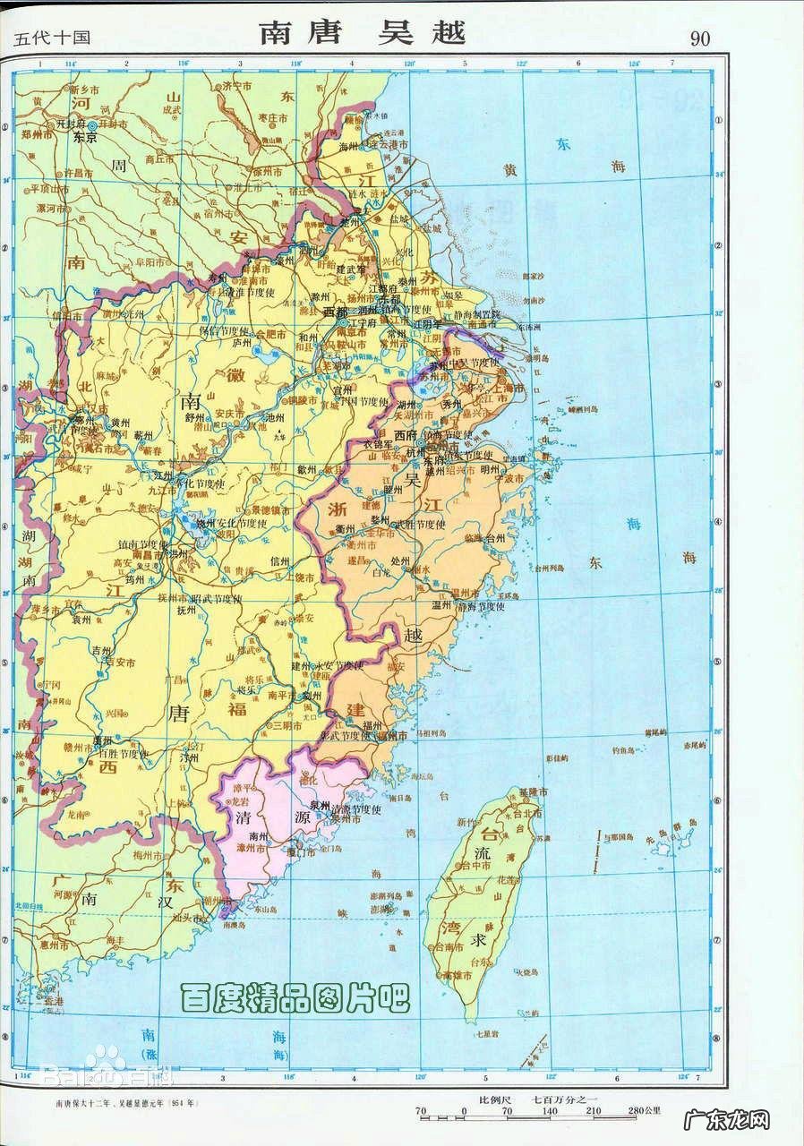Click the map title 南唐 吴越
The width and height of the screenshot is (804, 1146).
pos(363,33)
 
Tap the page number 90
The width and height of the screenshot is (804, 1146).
pos(700,38)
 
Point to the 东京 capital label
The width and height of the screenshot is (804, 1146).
pos(85,140)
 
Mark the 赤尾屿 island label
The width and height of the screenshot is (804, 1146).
pos(695,744)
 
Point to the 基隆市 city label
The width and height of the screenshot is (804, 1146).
pos(531,792)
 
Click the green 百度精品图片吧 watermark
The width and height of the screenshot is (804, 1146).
pos(295,997)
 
